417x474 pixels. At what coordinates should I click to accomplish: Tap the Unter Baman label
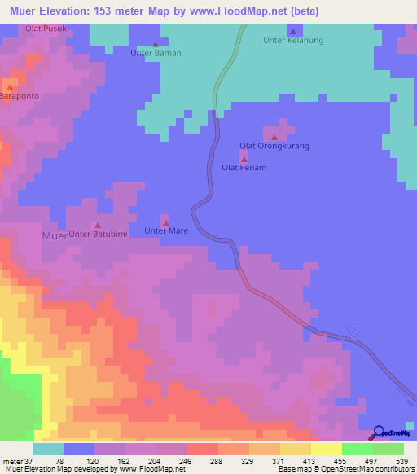click(156, 53)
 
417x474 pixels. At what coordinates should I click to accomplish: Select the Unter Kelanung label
click(294, 40)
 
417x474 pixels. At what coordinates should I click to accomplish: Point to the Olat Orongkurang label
click(274, 146)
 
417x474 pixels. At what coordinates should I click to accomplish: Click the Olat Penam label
click(244, 168)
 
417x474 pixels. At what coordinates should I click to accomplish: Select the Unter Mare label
click(166, 231)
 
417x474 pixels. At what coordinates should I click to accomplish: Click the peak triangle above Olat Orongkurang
click(274, 136)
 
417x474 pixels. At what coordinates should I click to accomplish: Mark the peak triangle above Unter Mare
click(166, 222)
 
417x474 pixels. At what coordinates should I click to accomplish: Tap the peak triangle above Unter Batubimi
click(99, 225)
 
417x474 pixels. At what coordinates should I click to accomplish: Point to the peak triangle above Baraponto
click(10, 86)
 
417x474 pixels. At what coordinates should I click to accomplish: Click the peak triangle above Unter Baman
click(156, 44)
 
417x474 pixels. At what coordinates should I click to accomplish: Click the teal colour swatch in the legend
click(47, 449)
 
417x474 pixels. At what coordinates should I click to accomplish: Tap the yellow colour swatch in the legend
click(326, 449)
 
